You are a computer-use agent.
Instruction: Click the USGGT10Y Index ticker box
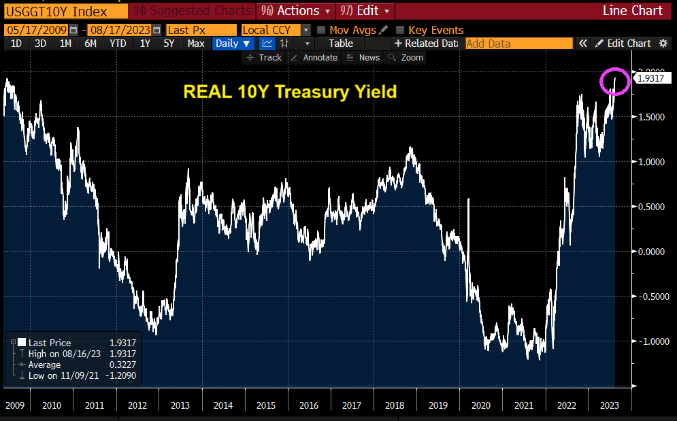click(55, 11)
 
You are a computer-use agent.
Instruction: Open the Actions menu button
click(297, 11)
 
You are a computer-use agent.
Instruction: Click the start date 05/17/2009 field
click(41, 30)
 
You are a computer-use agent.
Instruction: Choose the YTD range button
click(118, 44)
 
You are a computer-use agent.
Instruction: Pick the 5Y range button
click(169, 44)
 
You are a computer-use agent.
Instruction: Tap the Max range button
click(196, 44)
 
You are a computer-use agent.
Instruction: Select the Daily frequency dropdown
click(232, 44)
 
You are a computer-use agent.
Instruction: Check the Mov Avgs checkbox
click(321, 30)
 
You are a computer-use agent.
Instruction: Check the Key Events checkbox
click(400, 30)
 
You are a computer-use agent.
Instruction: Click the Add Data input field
click(518, 44)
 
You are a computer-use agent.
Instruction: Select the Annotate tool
click(314, 58)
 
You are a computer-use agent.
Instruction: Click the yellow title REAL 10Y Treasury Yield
click(289, 92)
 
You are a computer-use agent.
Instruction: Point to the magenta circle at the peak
click(614, 81)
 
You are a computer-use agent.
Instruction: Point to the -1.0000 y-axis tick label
click(652, 341)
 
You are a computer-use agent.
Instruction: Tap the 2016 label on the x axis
click(309, 405)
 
